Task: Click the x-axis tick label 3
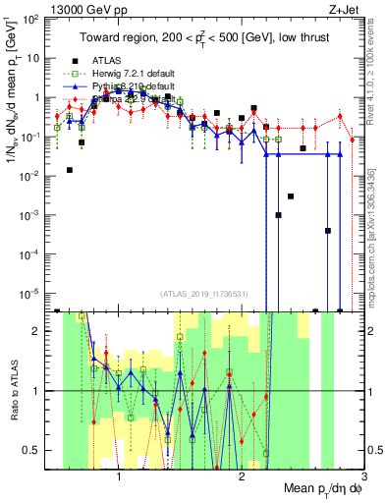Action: point(362,476)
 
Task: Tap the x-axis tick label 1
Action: point(119,476)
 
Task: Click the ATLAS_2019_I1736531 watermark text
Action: point(203,295)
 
